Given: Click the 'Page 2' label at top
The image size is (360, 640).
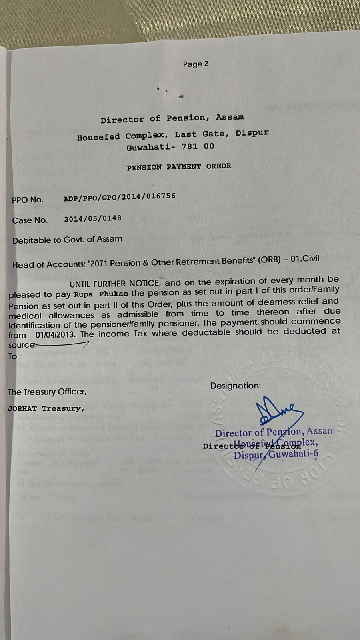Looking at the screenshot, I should [195, 64].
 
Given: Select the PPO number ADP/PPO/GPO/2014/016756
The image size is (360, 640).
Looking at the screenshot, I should [119, 197].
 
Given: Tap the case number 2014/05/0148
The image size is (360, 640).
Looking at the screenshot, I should [92, 218].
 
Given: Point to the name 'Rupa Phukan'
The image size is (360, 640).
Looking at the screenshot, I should [101, 294].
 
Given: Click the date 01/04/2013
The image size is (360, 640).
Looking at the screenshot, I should [54, 334].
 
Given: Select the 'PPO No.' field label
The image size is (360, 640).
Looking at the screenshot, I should [28, 200].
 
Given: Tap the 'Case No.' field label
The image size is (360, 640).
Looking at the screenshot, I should [30, 220].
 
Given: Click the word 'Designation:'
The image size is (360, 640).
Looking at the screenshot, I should [235, 386].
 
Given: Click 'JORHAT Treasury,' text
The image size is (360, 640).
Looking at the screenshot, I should [46, 409].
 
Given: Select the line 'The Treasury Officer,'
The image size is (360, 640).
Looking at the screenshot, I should [47, 392].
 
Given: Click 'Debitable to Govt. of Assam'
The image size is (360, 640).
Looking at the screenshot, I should [67, 240].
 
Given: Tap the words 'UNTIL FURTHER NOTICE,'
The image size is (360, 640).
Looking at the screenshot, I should [115, 284].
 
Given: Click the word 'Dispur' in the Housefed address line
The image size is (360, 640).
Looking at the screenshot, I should [252, 133].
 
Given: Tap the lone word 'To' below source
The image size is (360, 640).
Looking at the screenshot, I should [13, 356].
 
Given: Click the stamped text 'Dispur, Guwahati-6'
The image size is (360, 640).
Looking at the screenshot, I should [276, 455].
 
